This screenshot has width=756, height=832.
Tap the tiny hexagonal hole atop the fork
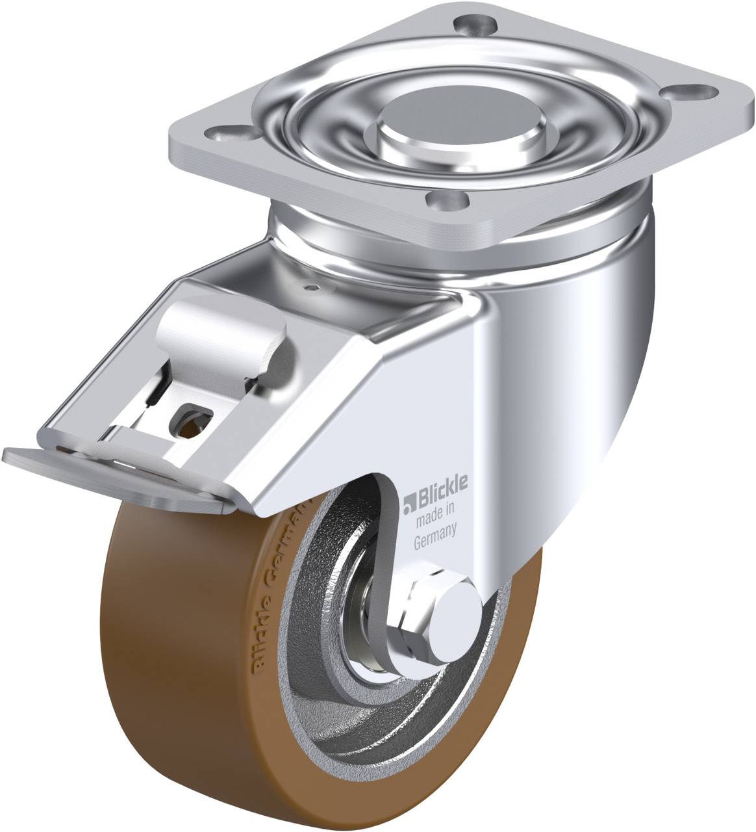click(314, 287)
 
